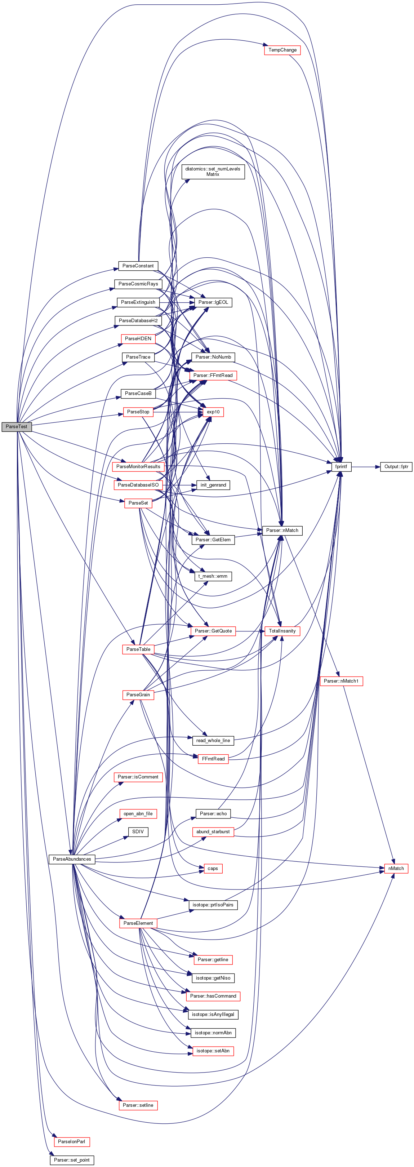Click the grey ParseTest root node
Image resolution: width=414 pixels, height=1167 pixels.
coord(16,426)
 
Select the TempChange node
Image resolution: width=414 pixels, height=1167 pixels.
coord(282,50)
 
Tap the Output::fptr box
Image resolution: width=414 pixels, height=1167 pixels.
coord(396,467)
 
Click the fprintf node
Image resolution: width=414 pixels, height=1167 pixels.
coord(341,467)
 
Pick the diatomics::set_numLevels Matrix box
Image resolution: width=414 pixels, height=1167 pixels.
coord(213,172)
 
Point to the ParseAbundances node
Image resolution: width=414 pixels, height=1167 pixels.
coord(72,859)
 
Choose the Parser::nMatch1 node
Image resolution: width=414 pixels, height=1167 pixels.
coord(341,681)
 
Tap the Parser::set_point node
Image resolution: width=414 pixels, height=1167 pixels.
coord(72,1160)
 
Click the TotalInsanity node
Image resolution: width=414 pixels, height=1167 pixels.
coord(282,631)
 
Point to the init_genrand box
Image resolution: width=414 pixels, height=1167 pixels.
coord(213,485)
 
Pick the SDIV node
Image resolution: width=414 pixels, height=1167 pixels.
coord(138,831)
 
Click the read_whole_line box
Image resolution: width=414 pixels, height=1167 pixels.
coord(213,740)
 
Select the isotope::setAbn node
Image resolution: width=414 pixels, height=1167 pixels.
coord(213,1051)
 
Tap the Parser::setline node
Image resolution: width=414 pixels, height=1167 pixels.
coord(138,1105)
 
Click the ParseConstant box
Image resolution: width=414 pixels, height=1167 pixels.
coord(138,266)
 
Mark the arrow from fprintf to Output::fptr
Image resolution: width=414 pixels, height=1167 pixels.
coord(365,467)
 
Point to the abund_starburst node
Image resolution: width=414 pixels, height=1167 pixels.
coord(213,831)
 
